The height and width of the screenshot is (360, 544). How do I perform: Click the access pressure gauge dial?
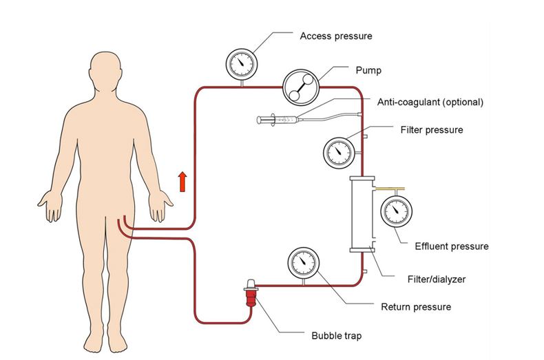click(x=241, y=63)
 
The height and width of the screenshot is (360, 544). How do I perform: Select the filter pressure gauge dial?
click(x=339, y=150)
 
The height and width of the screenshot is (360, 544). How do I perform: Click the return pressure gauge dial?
click(x=302, y=262)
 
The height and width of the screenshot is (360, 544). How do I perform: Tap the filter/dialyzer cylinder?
click(x=362, y=213)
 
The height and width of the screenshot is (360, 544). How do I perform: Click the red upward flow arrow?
click(x=182, y=182)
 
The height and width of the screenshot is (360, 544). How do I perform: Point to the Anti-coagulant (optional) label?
click(x=430, y=102)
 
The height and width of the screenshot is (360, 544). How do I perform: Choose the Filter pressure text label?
click(x=431, y=129)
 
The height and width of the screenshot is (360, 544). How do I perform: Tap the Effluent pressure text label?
click(x=452, y=246)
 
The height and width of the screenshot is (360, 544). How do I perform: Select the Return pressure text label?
click(x=416, y=306)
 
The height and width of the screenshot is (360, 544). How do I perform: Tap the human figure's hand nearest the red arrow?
click(x=163, y=206)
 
